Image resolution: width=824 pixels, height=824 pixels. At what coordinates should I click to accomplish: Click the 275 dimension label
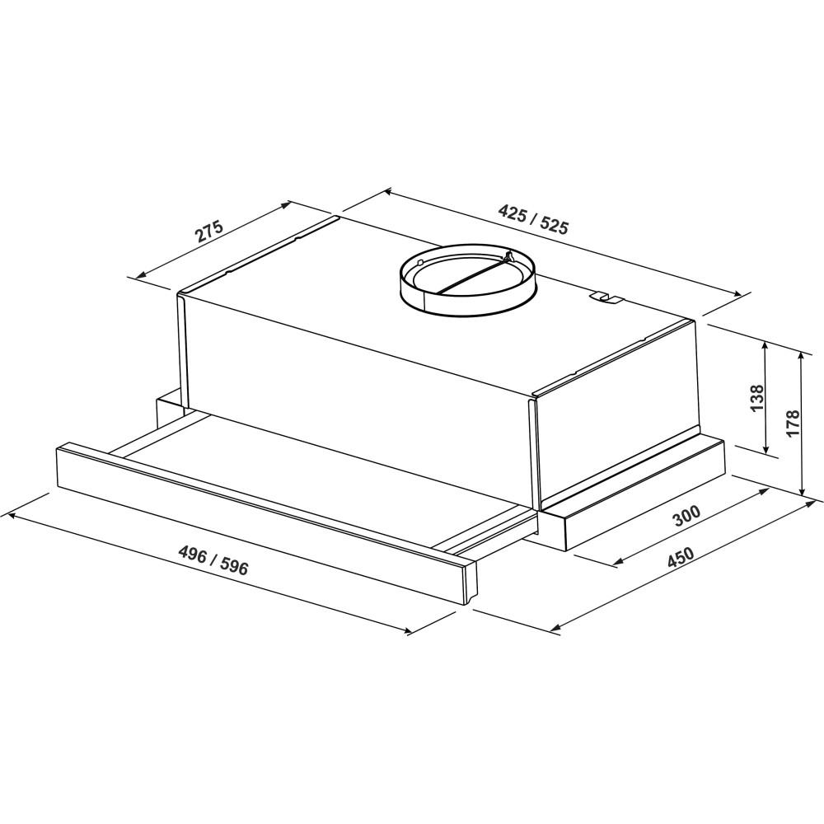click(x=209, y=232)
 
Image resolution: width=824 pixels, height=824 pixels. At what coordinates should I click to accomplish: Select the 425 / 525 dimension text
click(x=533, y=219)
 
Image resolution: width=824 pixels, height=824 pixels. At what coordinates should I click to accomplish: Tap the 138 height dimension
click(x=756, y=398)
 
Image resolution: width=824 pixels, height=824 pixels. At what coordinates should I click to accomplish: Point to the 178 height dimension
click(x=793, y=422)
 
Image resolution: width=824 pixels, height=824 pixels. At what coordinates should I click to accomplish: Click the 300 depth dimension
click(x=687, y=516)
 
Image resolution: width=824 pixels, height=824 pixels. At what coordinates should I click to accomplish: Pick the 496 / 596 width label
click(x=213, y=560)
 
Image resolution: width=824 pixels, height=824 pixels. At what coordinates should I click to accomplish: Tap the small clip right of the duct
click(x=605, y=298)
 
